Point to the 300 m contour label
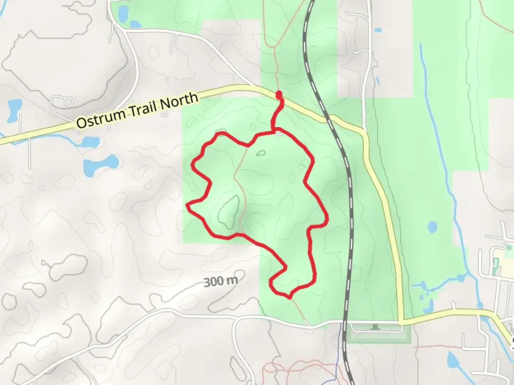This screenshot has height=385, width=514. point(221,281)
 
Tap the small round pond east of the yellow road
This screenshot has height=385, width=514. point(432,226)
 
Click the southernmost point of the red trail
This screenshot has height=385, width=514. point(289,297)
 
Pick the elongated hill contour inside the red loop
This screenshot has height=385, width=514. point(228,212)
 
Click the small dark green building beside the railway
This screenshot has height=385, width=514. point(375,326)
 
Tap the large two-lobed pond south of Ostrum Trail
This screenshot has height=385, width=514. point(101,164)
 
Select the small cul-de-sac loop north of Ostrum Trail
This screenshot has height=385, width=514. point(64,102)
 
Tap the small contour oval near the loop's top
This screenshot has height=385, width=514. point(261,153)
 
